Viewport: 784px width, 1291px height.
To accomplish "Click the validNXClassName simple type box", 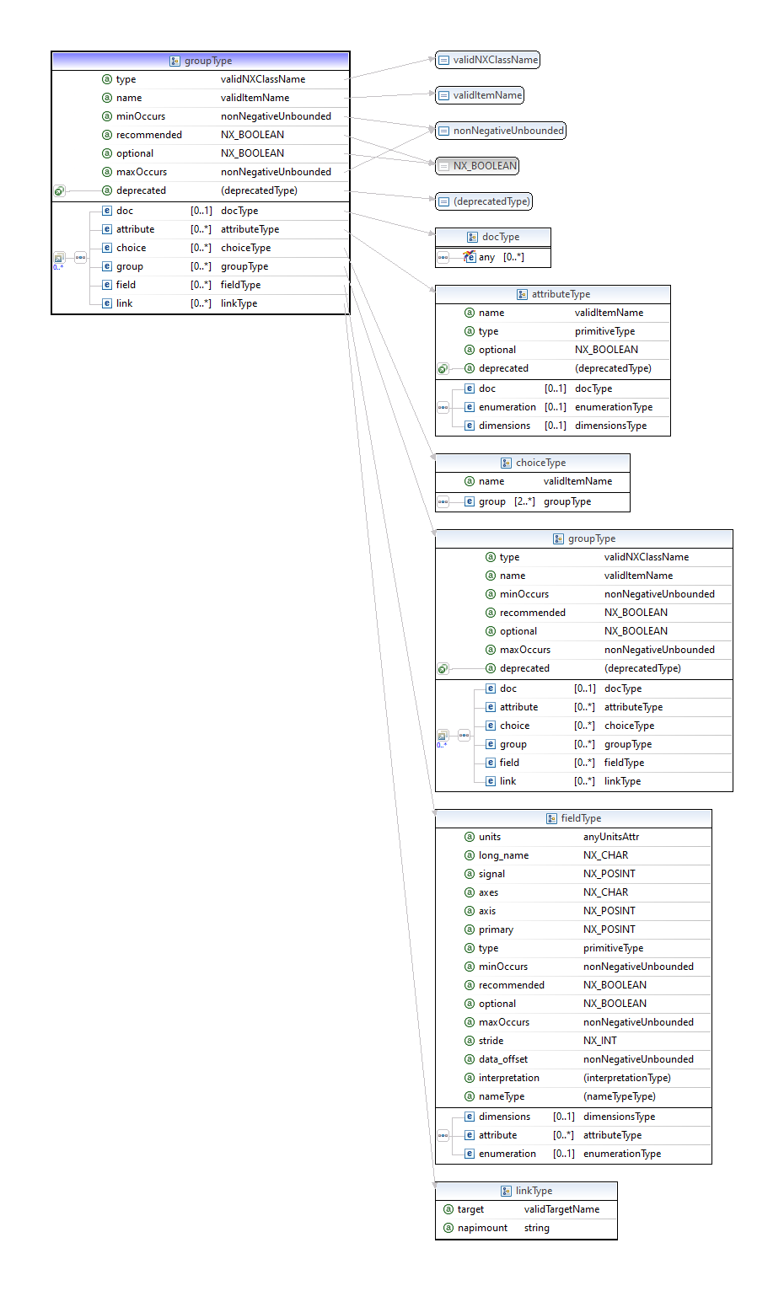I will coord(487,60).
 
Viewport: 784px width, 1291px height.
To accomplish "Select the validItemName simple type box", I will coord(480,95).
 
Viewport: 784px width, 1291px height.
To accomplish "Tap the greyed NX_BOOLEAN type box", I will coord(477,166).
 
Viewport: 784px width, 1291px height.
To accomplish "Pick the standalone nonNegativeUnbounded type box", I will coord(501,131).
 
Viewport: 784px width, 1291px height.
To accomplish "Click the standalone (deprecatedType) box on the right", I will coord(484,201).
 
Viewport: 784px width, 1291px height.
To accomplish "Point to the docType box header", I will coord(493,237).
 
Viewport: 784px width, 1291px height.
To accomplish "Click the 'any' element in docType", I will coord(486,257).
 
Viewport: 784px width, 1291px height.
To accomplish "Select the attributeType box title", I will coord(553,294).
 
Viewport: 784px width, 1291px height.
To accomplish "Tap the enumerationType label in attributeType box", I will coord(613,407).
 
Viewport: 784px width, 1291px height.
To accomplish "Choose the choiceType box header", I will coord(533,463).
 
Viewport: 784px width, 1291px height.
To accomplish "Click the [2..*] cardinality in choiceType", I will coord(524,501).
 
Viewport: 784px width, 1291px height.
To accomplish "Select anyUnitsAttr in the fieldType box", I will coord(610,837).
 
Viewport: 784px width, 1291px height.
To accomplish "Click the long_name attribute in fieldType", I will coord(503,855).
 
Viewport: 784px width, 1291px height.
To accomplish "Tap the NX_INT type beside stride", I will coord(599,1041).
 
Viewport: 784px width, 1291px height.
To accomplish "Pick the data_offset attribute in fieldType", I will coord(502,1059).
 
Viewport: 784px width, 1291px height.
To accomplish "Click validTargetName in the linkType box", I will coord(561,1209).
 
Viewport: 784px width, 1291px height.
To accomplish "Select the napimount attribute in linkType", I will coord(482,1228).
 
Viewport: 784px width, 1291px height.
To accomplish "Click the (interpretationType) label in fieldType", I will coord(626,1078).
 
